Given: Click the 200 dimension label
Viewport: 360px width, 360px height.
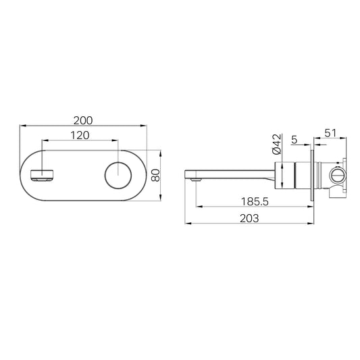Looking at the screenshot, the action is pyautogui.click(x=83, y=120).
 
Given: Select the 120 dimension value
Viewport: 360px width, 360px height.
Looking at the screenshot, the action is pyautogui.click(x=80, y=136).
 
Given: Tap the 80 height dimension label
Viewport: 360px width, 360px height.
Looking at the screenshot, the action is pyautogui.click(x=156, y=176).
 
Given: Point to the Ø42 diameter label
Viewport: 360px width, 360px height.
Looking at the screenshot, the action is pyautogui.click(x=277, y=144).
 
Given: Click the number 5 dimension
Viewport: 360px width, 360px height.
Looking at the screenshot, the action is pyautogui.click(x=294, y=140).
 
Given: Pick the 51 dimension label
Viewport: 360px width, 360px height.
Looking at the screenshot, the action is pyautogui.click(x=330, y=133).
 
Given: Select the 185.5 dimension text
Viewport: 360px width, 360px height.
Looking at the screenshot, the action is pyautogui.click(x=255, y=202).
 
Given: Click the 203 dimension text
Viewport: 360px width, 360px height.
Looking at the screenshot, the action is pyautogui.click(x=249, y=218).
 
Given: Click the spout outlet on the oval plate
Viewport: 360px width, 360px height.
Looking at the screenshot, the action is pyautogui.click(x=43, y=175).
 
